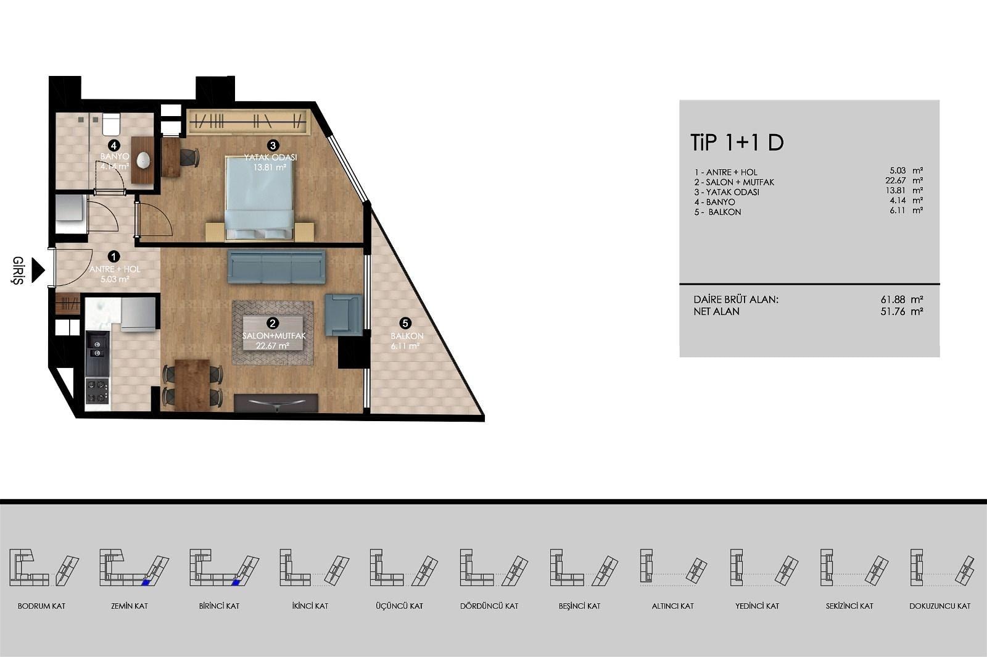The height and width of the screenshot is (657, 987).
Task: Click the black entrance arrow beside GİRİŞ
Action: pos(38,270)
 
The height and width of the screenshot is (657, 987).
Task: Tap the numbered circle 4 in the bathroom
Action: pos(114,146)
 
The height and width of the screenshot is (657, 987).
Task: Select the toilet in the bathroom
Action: pos(111,124)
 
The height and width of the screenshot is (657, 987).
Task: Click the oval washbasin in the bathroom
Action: pos(143,160)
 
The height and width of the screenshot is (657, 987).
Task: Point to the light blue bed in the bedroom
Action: pos(259,198)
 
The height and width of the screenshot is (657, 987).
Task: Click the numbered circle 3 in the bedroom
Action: pos(273,146)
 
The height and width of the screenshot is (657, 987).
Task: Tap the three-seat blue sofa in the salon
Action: pos(276,267)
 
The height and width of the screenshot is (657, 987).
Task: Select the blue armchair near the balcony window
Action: pos(343,315)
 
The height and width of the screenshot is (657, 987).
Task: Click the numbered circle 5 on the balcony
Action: pos(405,323)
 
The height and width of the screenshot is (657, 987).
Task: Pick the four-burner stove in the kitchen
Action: pos(97,391)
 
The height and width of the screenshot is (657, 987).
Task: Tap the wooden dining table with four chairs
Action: pos(192,385)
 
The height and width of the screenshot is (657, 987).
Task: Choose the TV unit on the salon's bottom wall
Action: pos(276,403)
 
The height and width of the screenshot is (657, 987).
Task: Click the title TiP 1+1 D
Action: pos(737,143)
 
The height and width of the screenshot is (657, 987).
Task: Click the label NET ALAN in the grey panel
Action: pos(716,311)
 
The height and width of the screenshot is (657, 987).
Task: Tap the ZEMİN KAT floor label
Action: pos(130,606)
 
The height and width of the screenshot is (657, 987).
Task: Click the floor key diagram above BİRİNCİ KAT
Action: pos(225,567)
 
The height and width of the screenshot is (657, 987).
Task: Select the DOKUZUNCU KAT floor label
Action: pos(940,606)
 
